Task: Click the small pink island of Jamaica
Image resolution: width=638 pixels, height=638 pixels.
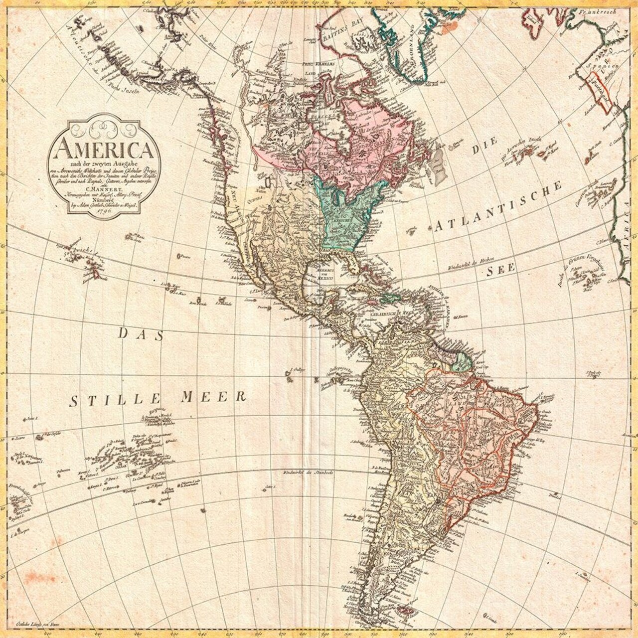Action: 369,301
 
